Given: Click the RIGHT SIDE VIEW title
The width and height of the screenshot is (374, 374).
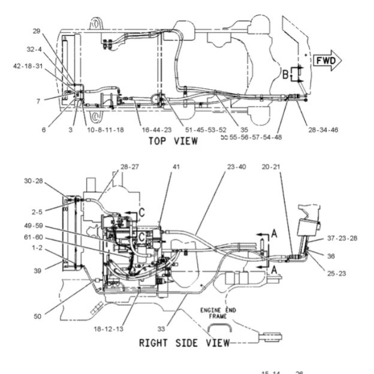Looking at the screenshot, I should click(184, 343).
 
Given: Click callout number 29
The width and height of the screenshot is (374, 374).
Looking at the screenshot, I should click(36, 31).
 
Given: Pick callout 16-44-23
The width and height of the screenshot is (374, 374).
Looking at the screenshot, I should click(156, 129).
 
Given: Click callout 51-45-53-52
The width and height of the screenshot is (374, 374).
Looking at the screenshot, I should click(206, 129).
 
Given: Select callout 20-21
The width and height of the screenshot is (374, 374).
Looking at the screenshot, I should click(273, 167).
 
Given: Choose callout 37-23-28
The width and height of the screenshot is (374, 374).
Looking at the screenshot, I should click(342, 238).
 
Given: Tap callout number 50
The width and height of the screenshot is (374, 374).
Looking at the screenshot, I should click(37, 316).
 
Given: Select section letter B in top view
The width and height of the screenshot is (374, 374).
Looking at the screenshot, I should click(286, 75).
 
